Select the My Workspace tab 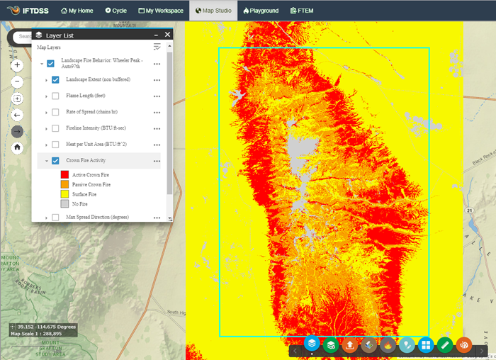(x=161, y=11)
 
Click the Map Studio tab (x=213, y=11)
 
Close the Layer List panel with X (x=168, y=35)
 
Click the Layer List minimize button (x=155, y=35)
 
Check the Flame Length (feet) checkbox (x=55, y=96)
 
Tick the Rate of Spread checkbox (x=55, y=112)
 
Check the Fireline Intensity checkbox (x=55, y=128)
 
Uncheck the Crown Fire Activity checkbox (x=55, y=161)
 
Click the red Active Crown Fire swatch (x=64, y=174)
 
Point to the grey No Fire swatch (x=64, y=203)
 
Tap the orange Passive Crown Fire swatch (x=64, y=184)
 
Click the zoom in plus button (x=18, y=64)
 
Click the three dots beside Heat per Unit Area (x=157, y=145)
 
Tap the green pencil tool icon (x=444, y=345)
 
